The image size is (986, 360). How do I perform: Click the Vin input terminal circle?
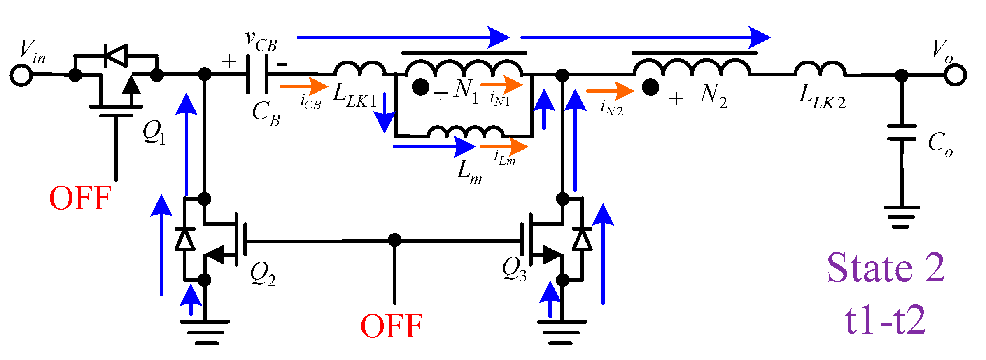point(21,75)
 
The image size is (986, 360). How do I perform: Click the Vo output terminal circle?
point(955,75)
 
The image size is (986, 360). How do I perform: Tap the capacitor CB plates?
point(257,75)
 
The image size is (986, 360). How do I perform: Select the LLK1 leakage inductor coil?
point(359,69)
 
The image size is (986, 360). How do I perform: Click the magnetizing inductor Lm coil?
point(465,132)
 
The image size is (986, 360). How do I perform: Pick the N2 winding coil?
point(692,67)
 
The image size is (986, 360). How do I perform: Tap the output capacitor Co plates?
point(902,133)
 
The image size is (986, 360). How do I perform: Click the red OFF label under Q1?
point(80,198)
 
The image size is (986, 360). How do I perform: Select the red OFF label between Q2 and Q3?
point(392,326)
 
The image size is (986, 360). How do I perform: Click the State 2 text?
point(886,268)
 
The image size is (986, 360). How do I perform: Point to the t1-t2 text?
point(886,320)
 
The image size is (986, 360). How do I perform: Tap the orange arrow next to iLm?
point(504,146)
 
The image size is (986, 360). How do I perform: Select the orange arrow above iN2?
point(610,91)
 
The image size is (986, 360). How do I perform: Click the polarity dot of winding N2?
point(650,87)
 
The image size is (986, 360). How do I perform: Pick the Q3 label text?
point(514,269)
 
